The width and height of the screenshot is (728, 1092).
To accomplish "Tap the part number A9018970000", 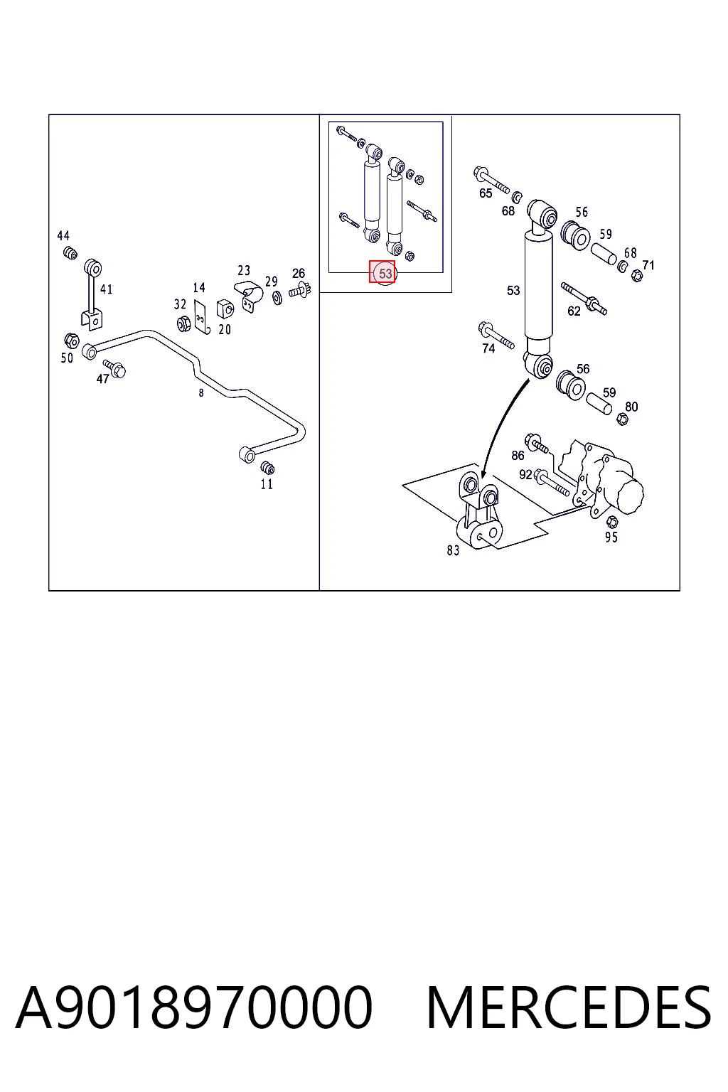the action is [193, 1007].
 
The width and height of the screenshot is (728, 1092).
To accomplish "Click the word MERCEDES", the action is [569, 1007].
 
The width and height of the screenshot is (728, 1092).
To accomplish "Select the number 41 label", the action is [107, 289].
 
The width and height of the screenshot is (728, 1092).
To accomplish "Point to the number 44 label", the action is [63, 236].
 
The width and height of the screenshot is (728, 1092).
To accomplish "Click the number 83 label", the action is [453, 550].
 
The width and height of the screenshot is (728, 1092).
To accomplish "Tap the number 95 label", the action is [611, 537].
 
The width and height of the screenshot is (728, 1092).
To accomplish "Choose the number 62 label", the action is [574, 311].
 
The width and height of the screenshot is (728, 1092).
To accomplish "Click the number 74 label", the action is [488, 348].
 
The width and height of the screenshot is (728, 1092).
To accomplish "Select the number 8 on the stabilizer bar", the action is [201, 393].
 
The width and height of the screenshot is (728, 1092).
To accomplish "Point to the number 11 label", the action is [266, 484].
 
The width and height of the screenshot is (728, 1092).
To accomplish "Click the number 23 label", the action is [244, 270].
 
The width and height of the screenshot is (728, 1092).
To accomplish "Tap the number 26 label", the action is [299, 274].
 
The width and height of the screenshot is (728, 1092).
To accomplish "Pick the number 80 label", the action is [631, 407].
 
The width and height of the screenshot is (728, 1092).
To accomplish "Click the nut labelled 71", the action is [637, 276].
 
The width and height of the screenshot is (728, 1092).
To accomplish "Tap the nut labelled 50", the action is [72, 341].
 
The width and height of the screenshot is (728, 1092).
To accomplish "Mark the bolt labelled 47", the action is [115, 368].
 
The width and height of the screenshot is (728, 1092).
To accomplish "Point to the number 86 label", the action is [518, 455].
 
